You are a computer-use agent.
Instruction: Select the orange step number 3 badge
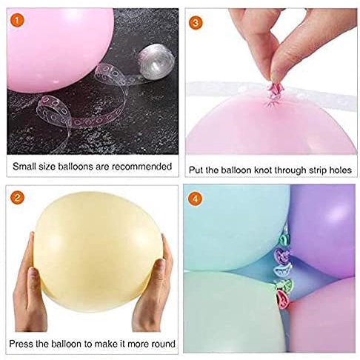196,20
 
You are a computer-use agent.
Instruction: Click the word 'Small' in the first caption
25,167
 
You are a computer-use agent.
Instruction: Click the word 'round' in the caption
161,344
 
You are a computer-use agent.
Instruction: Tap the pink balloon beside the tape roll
52,44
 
